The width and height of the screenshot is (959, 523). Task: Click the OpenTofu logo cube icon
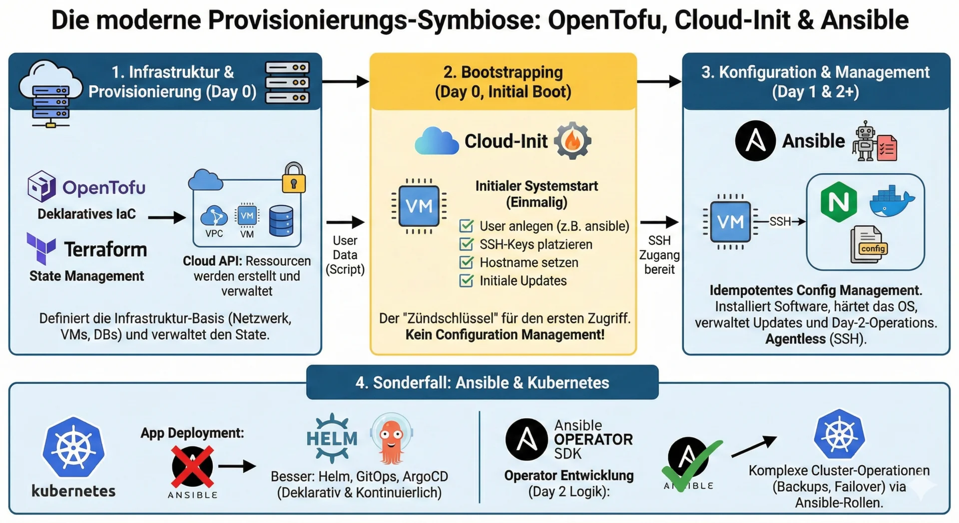[41, 186]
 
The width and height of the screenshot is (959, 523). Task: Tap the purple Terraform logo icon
[41, 248]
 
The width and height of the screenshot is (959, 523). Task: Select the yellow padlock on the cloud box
[294, 178]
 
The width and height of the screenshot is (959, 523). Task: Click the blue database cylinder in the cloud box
[281, 221]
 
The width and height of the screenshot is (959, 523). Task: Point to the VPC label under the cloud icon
[214, 234]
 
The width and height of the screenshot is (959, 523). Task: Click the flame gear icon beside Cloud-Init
[572, 141]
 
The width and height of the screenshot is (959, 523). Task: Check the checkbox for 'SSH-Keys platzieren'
[466, 244]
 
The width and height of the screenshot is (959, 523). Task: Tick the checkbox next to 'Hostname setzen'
[466, 262]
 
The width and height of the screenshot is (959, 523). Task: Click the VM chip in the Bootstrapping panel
[419, 206]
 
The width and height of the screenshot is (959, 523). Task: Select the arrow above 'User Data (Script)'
[345, 222]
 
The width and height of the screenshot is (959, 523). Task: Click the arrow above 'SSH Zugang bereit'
[659, 222]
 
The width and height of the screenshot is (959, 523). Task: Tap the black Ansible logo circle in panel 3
[755, 141]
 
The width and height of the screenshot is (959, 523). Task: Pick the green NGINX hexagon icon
[839, 202]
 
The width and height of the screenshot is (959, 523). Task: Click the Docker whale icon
[892, 201]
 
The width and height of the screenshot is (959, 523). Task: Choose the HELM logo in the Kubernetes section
[332, 439]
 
